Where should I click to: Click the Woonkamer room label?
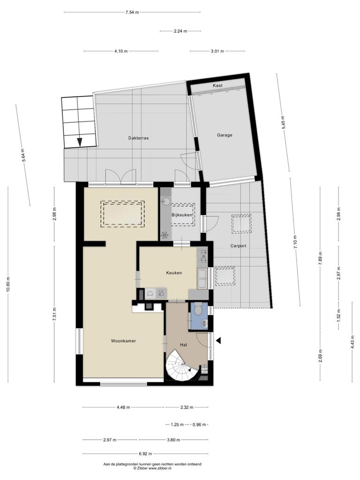[x=123, y=341]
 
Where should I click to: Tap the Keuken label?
[x=174, y=273]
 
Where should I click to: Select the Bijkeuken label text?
[x=182, y=215]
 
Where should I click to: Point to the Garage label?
[x=225, y=135]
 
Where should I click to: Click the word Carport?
[x=238, y=246]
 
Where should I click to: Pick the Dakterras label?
[x=138, y=138]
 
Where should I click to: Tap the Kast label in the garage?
[x=217, y=85]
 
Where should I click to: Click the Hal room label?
[x=184, y=345]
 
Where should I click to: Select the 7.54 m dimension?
[x=132, y=12]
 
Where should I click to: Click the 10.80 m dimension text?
[x=7, y=285]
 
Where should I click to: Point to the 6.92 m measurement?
[x=145, y=454]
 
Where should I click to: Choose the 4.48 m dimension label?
[x=123, y=407]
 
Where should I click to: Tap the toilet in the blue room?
[x=197, y=308]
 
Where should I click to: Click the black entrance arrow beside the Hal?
[x=218, y=340]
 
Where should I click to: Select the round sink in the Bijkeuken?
[x=166, y=202]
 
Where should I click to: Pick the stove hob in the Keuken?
[x=203, y=256]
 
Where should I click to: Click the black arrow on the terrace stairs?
[x=80, y=142]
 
